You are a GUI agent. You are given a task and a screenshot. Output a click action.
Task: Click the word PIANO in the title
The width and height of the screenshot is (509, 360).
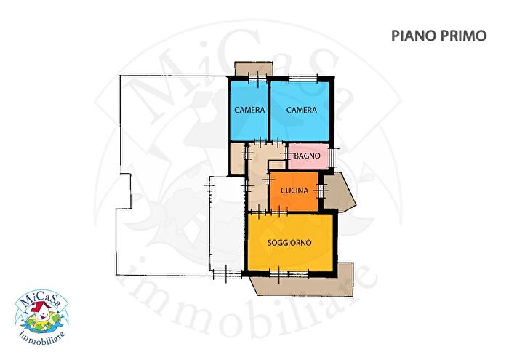tap(410, 36)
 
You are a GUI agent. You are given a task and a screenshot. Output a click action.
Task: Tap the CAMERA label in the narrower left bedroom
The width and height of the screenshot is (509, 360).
tap(249, 110)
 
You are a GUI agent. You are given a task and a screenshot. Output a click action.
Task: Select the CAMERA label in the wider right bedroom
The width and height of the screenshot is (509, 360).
tap(302, 110)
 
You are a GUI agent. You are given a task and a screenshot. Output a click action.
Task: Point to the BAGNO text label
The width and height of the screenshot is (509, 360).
tap(307, 156)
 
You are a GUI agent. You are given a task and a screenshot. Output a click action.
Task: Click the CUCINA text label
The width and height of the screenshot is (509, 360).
tap(294, 191)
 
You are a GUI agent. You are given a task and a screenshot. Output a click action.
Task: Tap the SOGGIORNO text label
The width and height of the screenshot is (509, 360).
tap(289, 242)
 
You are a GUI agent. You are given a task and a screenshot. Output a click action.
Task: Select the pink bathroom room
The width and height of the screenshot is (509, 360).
tap(308, 156)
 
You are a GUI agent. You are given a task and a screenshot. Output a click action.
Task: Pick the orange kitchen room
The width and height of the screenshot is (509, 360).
tap(294, 191)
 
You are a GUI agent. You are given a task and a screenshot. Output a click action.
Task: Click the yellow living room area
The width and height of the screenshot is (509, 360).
tap(290, 242)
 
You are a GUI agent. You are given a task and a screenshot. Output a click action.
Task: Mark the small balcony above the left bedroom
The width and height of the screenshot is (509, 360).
tap(254, 68)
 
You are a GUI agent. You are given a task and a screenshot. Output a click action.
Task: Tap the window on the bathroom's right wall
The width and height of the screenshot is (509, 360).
tap(332, 157)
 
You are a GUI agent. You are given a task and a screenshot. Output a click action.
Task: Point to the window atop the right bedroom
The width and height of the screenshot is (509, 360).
tap(303, 79)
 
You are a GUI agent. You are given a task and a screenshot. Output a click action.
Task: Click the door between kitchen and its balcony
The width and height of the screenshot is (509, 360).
tap(321, 191)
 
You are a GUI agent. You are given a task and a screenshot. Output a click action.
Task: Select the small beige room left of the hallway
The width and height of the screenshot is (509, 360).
tap(237, 159)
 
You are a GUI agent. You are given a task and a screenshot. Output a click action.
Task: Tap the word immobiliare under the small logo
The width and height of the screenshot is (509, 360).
tap(42, 337)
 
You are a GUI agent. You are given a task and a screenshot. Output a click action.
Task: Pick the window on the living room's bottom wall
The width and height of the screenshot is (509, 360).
tap(289, 274)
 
